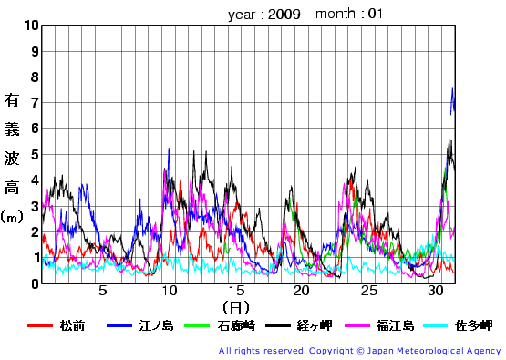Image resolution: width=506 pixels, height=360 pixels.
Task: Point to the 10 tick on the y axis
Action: [x=32, y=26]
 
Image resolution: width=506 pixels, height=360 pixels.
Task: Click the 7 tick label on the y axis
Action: [x=35, y=103]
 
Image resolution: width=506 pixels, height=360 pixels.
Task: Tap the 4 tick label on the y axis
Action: [x=35, y=180]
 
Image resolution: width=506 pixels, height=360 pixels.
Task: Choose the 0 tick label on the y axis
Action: [x=35, y=283]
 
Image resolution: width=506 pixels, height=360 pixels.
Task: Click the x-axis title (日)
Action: [x=234, y=308]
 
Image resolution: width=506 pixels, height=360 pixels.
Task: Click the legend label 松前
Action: [x=72, y=325]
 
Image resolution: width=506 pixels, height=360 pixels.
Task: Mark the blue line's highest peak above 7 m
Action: [x=453, y=88]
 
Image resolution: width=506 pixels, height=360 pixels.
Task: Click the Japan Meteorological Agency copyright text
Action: [x=359, y=351]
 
